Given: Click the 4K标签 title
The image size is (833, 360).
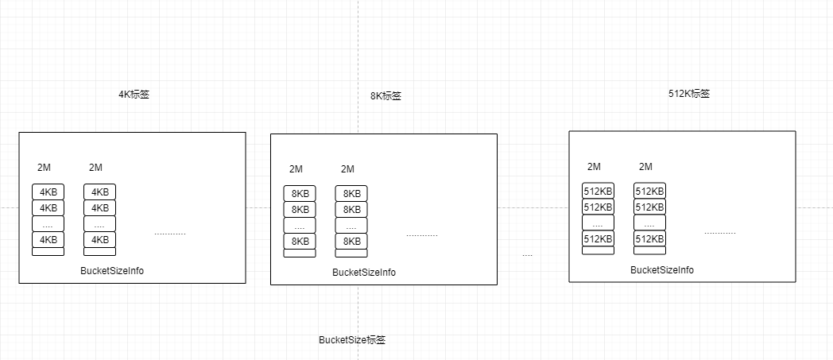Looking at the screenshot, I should pyautogui.click(x=134, y=94).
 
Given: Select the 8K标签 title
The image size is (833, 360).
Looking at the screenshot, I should pyautogui.click(x=386, y=96).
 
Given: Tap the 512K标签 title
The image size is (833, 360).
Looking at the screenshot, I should pyautogui.click(x=689, y=93).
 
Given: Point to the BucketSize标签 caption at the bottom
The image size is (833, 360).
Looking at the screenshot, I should pyautogui.click(x=352, y=339).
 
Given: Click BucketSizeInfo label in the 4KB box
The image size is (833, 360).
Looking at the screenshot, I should pyautogui.click(x=112, y=271).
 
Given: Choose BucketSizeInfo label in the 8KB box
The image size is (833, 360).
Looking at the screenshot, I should pyautogui.click(x=363, y=273).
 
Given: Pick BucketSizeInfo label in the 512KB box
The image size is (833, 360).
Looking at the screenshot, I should pyautogui.click(x=661, y=270).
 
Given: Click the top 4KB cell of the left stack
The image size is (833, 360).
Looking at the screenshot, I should pyautogui.click(x=48, y=192).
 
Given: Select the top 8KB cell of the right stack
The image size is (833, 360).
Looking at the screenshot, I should pyautogui.click(x=351, y=194).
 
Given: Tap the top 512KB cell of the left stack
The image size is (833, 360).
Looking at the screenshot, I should pyautogui.click(x=598, y=191).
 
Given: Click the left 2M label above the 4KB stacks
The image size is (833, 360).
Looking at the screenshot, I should pyautogui.click(x=44, y=168).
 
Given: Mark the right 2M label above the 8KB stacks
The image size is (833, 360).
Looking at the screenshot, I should pyautogui.click(x=347, y=169).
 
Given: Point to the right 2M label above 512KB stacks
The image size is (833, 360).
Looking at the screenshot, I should pyautogui.click(x=645, y=167).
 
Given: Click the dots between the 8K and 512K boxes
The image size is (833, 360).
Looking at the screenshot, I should pyautogui.click(x=527, y=255).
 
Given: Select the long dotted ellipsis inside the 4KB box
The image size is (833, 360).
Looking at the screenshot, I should pyautogui.click(x=169, y=234).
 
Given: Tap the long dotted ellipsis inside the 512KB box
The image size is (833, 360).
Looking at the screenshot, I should pyautogui.click(x=719, y=232).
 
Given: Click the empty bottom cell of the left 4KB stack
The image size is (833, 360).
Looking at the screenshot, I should pyautogui.click(x=48, y=252).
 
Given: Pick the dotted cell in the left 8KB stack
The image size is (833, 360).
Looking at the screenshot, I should pyautogui.click(x=300, y=226).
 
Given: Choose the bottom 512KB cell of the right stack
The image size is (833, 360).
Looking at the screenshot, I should pyautogui.click(x=649, y=238).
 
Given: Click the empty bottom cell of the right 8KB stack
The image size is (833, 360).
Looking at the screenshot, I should pyautogui.click(x=351, y=254).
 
